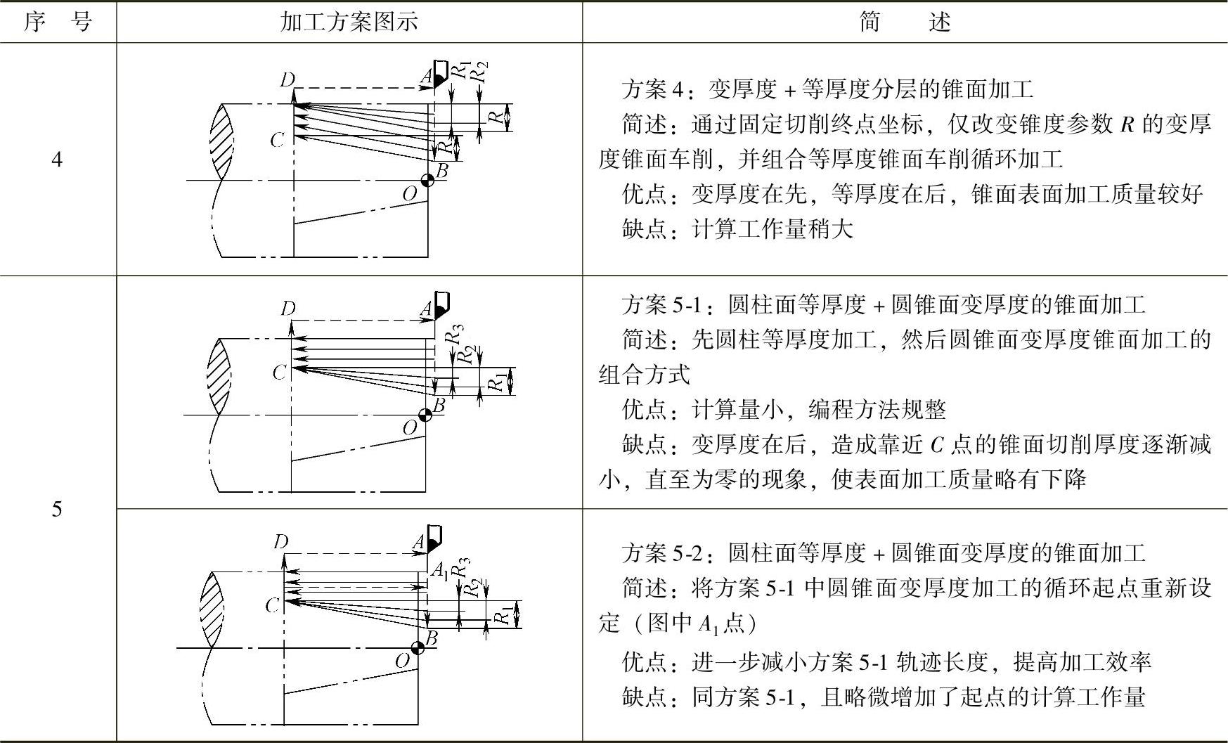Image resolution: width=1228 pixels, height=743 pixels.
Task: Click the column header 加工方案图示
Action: [349, 22]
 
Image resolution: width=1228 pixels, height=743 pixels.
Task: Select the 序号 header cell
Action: [58, 22]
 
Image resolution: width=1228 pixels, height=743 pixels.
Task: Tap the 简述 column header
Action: [905, 22]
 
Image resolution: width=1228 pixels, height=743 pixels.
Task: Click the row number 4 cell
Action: [57, 160]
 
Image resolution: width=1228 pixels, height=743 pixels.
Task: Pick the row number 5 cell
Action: [57, 508]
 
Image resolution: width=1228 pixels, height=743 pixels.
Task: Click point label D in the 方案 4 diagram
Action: [287, 80]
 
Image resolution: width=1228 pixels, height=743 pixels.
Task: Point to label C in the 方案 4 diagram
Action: [277, 141]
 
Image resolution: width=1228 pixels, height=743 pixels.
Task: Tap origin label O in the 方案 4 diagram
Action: [409, 193]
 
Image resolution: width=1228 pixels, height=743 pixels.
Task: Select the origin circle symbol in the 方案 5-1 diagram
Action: [425, 415]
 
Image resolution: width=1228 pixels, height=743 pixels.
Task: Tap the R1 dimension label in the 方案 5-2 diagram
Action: [502, 616]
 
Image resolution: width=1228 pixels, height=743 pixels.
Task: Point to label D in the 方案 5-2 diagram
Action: [280, 541]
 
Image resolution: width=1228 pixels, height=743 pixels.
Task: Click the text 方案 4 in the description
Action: [652, 89]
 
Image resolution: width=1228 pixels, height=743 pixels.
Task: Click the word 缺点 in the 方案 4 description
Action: [643, 229]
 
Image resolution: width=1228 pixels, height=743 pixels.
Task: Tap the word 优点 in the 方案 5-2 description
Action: [643, 661]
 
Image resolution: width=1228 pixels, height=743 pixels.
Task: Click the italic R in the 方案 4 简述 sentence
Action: [1127, 124]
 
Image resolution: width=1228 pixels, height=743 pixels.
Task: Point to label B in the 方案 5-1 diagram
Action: [439, 404]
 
